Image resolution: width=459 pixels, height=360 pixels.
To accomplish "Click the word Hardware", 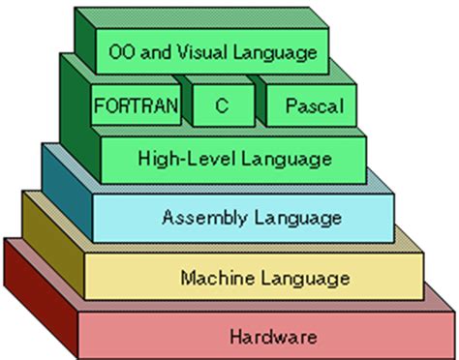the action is point(274,338).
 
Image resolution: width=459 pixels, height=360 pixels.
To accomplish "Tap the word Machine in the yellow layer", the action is point(211,279).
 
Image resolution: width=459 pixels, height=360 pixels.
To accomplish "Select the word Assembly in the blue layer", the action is point(198,217).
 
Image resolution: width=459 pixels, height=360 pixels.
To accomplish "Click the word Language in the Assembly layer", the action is point(286,217).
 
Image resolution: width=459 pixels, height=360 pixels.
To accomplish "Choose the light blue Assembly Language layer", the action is point(126,217).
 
